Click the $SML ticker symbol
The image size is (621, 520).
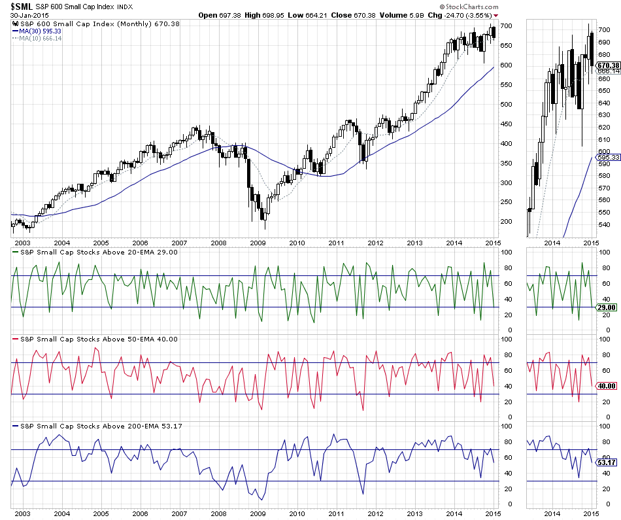click(x=22, y=6)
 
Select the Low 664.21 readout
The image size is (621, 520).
click(x=314, y=14)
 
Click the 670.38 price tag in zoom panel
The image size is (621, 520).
click(x=608, y=65)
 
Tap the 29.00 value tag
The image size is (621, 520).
click(x=608, y=307)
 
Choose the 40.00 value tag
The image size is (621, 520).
click(x=608, y=386)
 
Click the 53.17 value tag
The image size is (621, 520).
click(x=608, y=463)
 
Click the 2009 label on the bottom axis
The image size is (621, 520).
click(x=258, y=514)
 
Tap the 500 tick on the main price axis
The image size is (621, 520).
click(x=506, y=105)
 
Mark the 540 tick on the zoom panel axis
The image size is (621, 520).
click(x=604, y=225)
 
